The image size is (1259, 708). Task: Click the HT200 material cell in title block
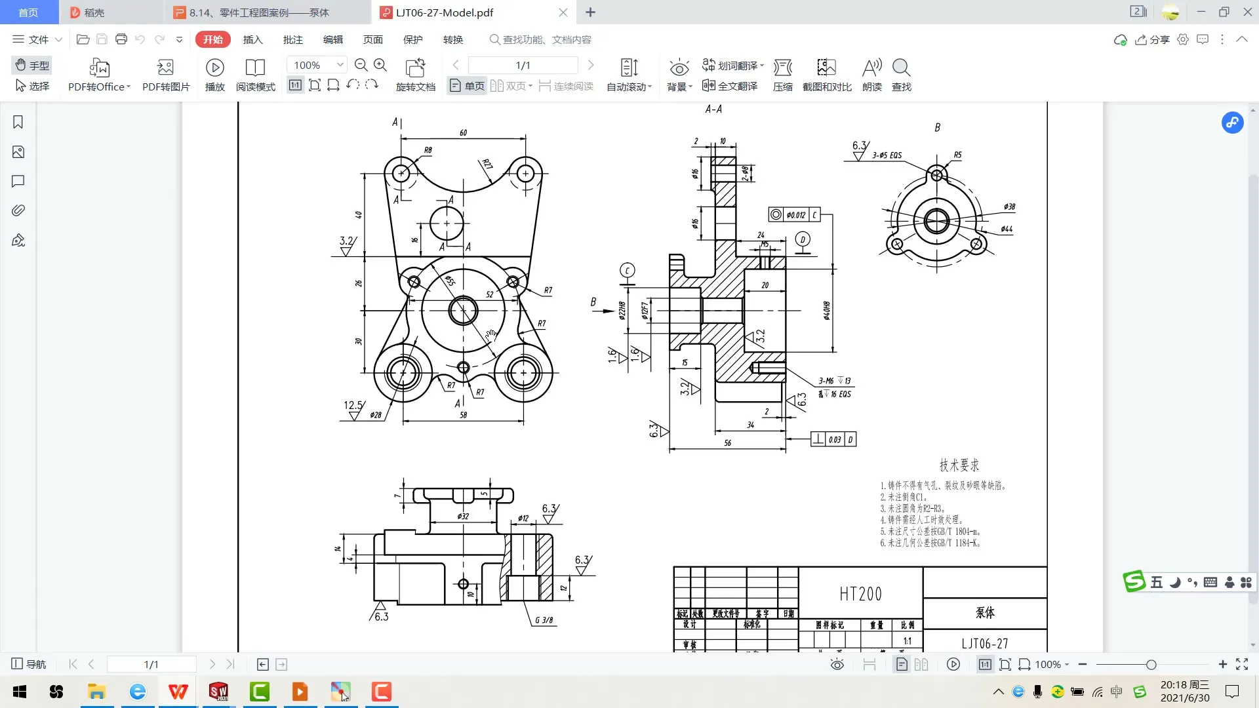[860, 594]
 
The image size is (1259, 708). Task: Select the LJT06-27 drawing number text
[984, 643]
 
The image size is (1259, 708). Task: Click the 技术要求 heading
[959, 465]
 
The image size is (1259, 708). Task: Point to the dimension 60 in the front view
[463, 132]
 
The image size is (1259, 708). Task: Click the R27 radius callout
[487, 164]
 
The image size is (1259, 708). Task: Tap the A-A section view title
[713, 109]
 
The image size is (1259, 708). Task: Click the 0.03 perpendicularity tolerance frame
[833, 439]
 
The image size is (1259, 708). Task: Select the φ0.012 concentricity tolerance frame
[795, 214]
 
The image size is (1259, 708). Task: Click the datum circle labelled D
[803, 239]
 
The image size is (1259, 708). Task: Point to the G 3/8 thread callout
[544, 620]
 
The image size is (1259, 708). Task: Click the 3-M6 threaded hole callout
[833, 381]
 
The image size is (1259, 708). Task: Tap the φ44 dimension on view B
[1007, 229]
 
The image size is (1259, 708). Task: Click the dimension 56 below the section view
[727, 443]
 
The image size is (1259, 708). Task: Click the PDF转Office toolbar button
[100, 75]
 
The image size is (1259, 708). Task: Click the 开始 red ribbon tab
[212, 39]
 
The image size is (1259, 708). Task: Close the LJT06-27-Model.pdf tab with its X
[563, 12]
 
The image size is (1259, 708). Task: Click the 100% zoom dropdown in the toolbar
[318, 65]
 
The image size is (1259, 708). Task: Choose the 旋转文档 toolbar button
[416, 75]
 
